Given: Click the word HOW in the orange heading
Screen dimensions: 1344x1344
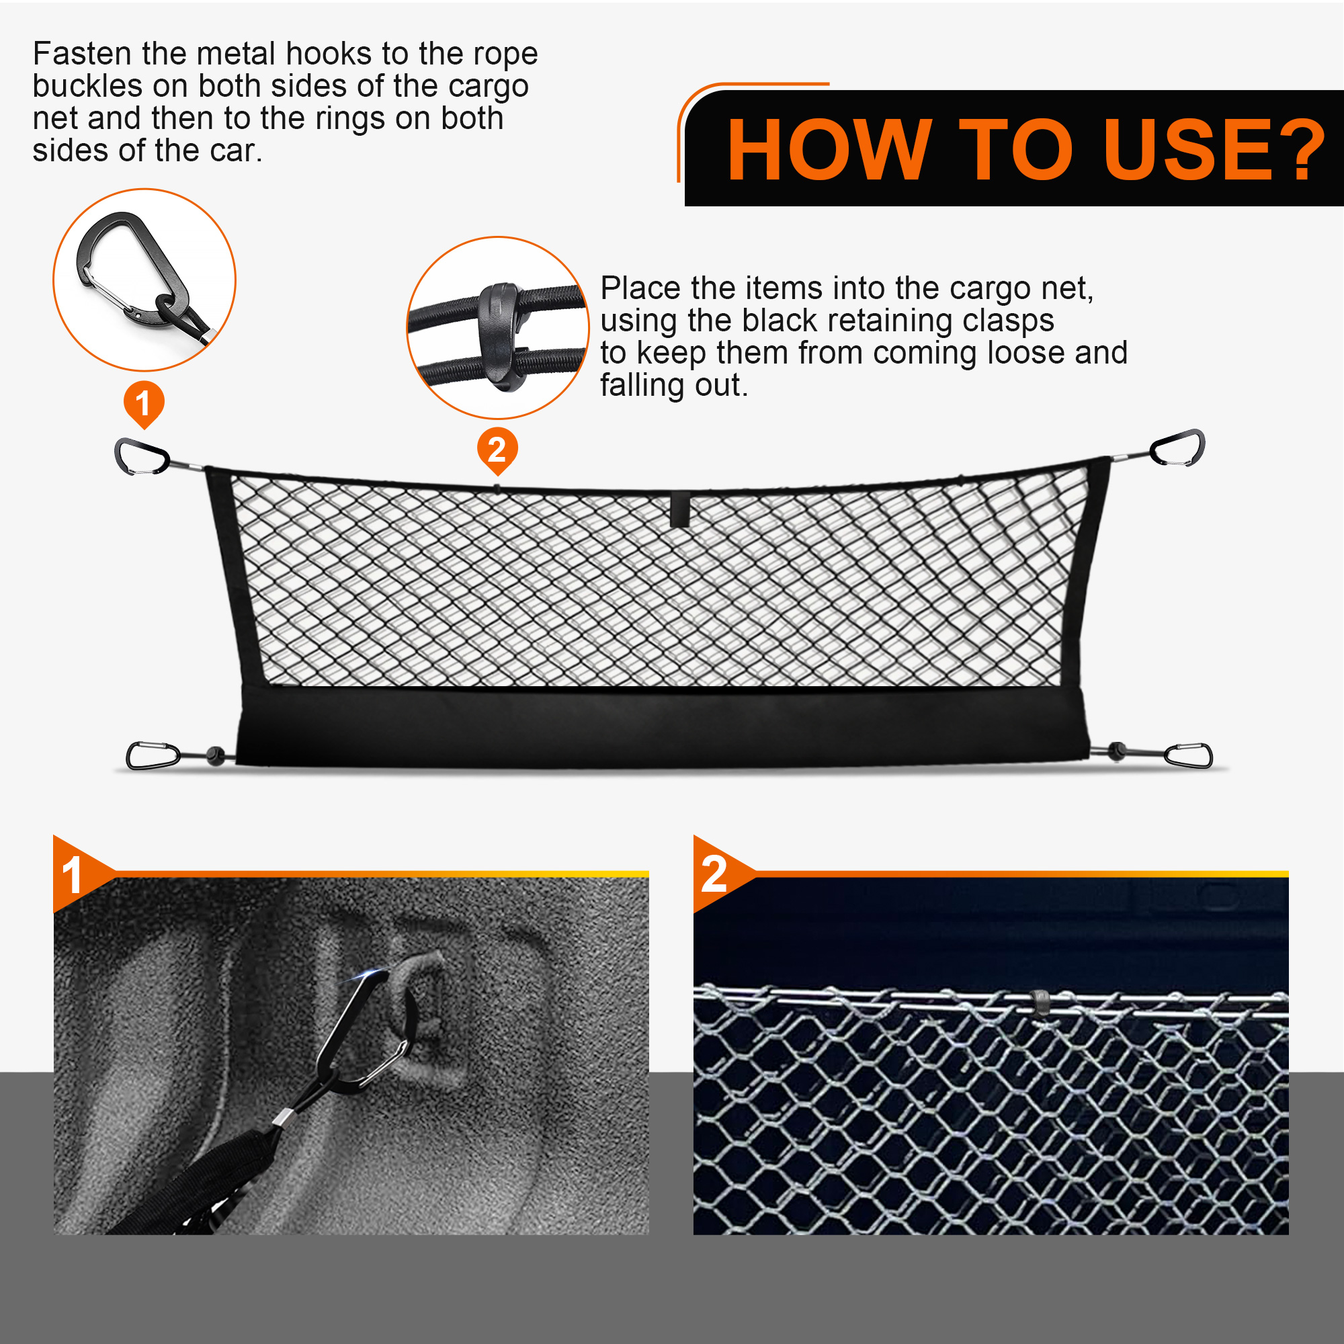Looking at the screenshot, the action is [829, 150].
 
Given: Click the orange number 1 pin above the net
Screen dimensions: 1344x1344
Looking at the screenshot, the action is [144, 404].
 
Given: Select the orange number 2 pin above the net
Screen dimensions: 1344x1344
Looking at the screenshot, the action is [497, 451].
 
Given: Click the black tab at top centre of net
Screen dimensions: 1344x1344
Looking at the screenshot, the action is [679, 509].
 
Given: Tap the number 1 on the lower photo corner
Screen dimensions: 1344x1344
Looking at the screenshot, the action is [73, 875].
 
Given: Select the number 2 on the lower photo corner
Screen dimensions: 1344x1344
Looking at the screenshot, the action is [714, 874].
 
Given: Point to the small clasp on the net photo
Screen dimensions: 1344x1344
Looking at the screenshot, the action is [1040, 1003].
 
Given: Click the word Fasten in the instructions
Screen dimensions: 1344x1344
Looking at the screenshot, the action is [82, 54].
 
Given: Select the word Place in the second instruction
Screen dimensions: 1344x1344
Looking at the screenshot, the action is [640, 288].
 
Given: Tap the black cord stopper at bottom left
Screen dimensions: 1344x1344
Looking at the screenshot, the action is [216, 755].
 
